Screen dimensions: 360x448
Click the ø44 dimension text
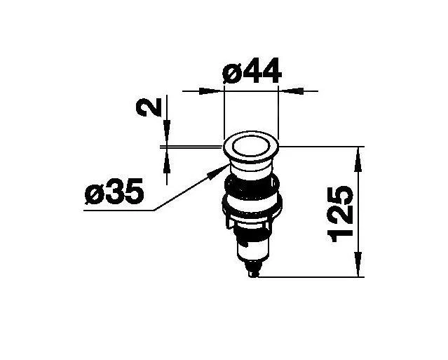pyautogui.click(x=250, y=72)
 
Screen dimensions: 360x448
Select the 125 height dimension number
pyautogui.click(x=341, y=213)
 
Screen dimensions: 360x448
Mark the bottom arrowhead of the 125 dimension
pyautogui.click(x=360, y=268)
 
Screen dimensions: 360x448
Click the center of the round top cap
pyautogui.click(x=251, y=148)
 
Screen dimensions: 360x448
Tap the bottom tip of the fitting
pyautogui.click(x=253, y=275)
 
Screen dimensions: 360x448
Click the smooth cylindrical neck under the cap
pyautogui.click(x=250, y=168)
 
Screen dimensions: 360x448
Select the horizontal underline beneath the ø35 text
pyautogui.click(x=116, y=209)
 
